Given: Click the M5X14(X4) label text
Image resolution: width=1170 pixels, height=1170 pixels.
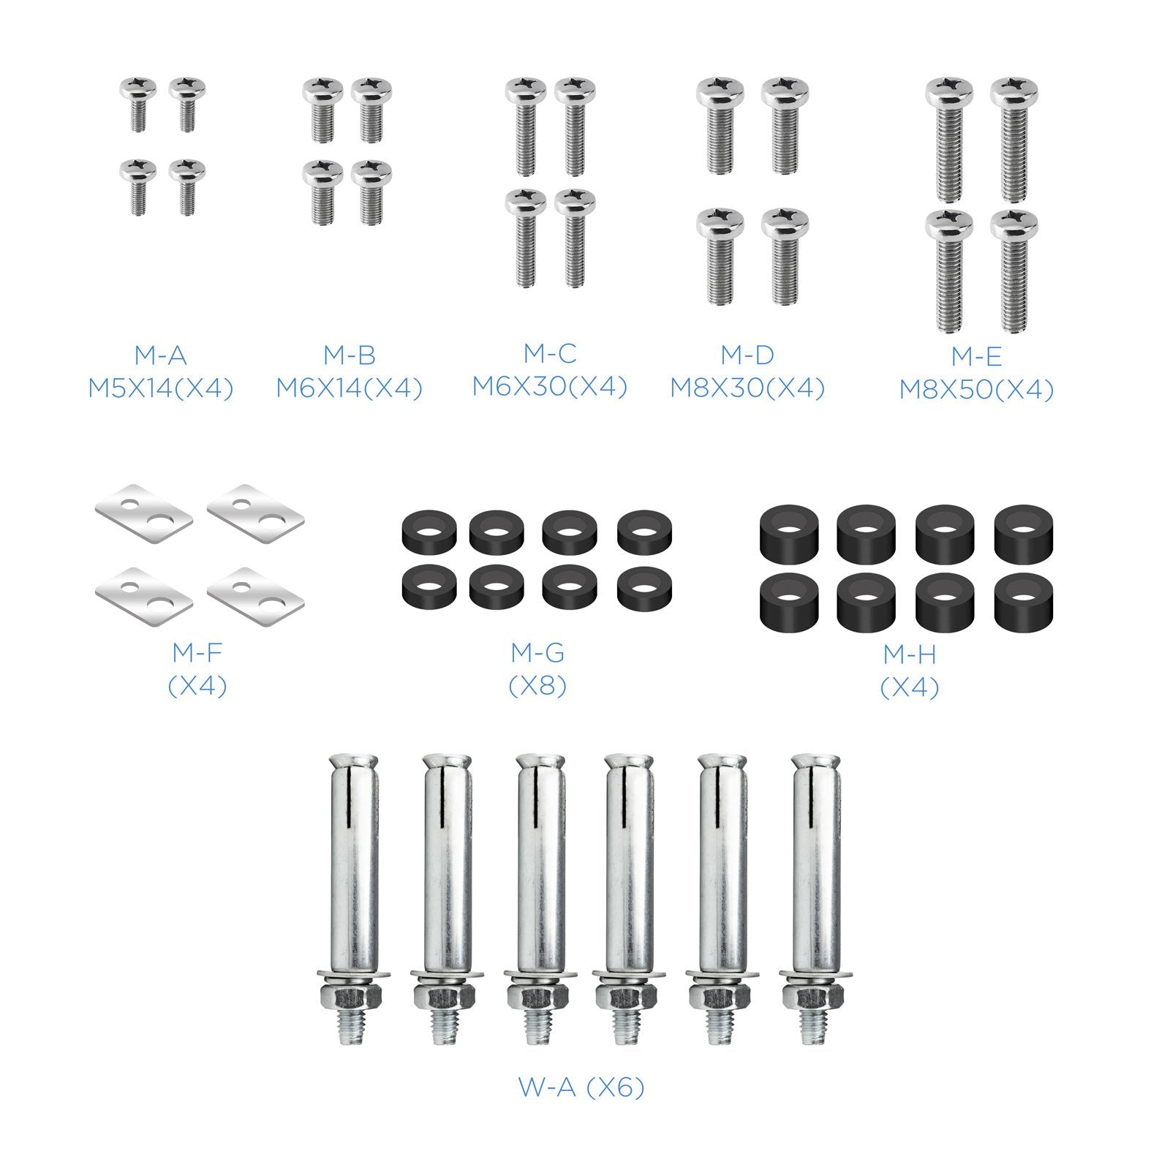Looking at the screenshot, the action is (160, 388).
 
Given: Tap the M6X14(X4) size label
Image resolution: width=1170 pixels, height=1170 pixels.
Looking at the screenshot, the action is (349, 388).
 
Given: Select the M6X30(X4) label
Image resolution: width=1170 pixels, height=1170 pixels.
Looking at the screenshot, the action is (549, 386).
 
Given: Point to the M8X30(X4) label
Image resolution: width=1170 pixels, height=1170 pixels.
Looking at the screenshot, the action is (747, 388).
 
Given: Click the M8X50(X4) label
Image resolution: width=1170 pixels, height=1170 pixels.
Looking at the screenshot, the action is (976, 390).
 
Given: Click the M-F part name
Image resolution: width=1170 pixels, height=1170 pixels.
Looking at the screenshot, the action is (197, 652).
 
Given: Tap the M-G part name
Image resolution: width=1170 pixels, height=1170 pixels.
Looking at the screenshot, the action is (537, 652).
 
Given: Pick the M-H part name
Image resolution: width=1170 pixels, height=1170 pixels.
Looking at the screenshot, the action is (909, 653).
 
